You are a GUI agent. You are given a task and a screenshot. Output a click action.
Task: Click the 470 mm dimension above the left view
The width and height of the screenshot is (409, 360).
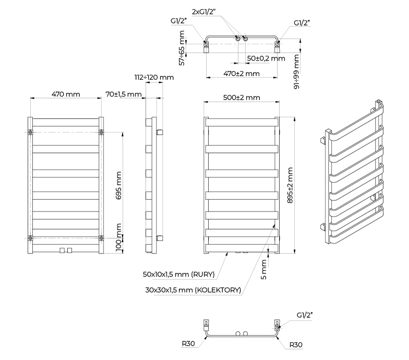click(x=66, y=94)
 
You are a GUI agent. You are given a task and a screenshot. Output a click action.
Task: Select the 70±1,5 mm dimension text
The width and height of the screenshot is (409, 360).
click(x=124, y=94)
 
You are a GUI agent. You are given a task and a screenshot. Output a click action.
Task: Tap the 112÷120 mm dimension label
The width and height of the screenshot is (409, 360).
click(x=154, y=78)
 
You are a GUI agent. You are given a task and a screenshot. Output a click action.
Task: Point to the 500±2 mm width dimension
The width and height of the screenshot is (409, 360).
click(x=241, y=98)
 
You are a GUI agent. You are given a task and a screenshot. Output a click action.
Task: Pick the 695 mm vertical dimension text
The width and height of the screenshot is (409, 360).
click(x=119, y=185)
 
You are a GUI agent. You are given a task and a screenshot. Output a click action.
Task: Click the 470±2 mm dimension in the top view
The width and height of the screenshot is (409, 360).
click(x=242, y=74)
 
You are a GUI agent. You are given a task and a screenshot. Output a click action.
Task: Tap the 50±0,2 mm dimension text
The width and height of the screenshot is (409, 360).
click(x=266, y=58)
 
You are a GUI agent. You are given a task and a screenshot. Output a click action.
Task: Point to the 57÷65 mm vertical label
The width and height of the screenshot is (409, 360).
click(x=182, y=47)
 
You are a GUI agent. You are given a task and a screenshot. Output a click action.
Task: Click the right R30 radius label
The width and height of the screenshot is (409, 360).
click(x=295, y=344)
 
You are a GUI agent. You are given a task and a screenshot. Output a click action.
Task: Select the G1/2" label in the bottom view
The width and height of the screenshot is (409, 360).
click(x=305, y=316)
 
